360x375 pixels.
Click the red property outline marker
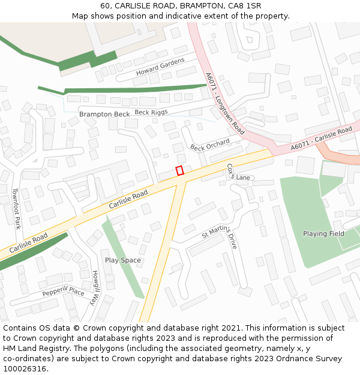pos(179,170)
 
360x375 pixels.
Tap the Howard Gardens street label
pos(160,67)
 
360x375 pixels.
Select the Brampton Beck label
pos(104,114)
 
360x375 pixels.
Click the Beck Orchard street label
pos(210,145)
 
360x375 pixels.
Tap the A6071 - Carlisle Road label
pos(321,139)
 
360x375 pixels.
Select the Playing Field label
pos(323,233)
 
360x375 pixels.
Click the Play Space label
pos(123,260)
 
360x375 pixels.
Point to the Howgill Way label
pos(96,288)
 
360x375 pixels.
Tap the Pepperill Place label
pos(63,292)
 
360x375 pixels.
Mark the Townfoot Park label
pos(17,209)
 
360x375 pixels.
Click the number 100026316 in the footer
pos(25,369)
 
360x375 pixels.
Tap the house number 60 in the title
pos(106,5)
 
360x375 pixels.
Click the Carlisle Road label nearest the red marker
pos(128,200)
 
